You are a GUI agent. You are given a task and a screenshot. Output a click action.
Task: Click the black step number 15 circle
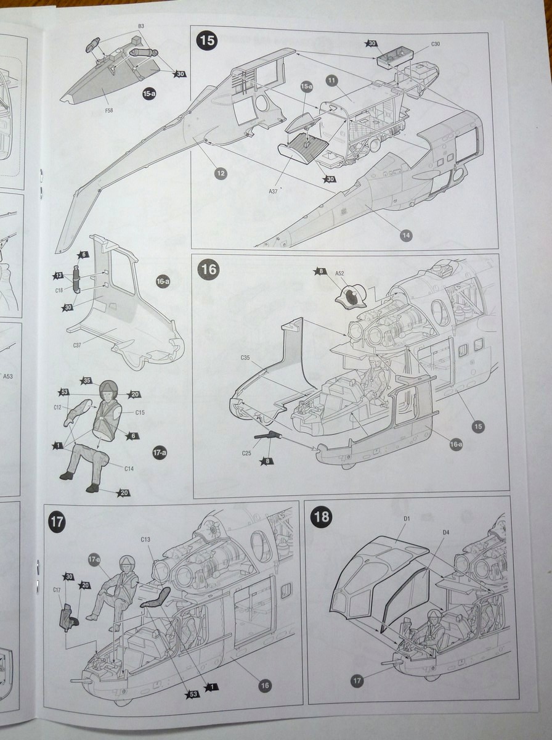(x=207, y=41)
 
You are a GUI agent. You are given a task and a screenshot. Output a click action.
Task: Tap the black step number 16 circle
(x=208, y=269)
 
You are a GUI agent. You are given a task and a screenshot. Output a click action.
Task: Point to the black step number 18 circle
(x=322, y=516)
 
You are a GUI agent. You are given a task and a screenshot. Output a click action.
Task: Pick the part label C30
(x=435, y=44)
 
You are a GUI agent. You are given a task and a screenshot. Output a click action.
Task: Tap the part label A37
(x=274, y=191)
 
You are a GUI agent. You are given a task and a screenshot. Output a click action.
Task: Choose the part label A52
(x=339, y=273)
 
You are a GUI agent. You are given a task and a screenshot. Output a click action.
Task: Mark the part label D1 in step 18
(x=407, y=519)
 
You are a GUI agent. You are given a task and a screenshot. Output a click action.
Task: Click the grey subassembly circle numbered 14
(x=406, y=235)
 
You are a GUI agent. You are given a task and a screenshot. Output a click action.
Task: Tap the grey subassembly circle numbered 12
(x=221, y=173)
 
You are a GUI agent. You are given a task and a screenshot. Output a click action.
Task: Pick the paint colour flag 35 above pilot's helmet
(x=87, y=380)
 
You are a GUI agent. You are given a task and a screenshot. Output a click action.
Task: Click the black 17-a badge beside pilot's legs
(x=159, y=453)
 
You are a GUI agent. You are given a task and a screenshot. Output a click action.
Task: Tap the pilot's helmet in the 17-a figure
(x=108, y=388)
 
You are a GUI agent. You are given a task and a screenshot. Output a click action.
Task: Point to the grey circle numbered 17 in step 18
(x=357, y=680)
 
